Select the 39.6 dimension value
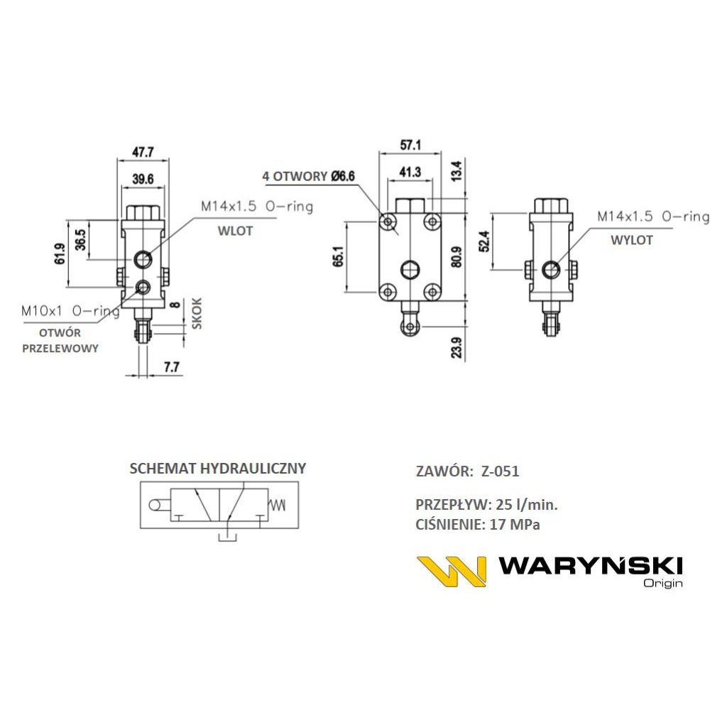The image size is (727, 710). tap(142, 178)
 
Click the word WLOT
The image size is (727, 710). tap(234, 231)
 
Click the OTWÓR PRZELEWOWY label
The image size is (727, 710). tap(60, 340)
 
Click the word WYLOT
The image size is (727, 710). tap(631, 240)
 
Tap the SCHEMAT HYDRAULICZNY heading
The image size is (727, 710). tap(217, 469)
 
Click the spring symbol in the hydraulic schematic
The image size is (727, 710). tap(278, 505)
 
